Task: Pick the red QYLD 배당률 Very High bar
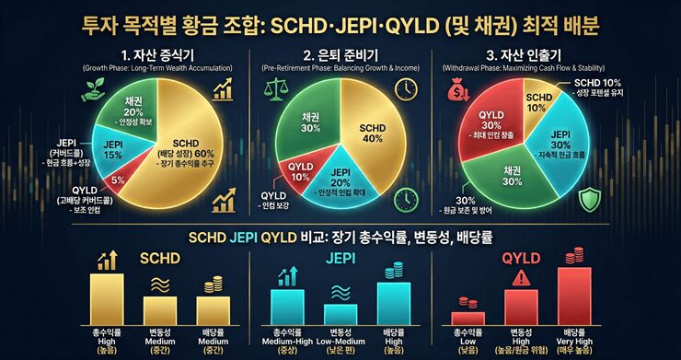(573, 295)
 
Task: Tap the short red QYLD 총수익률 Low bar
(467, 318)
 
